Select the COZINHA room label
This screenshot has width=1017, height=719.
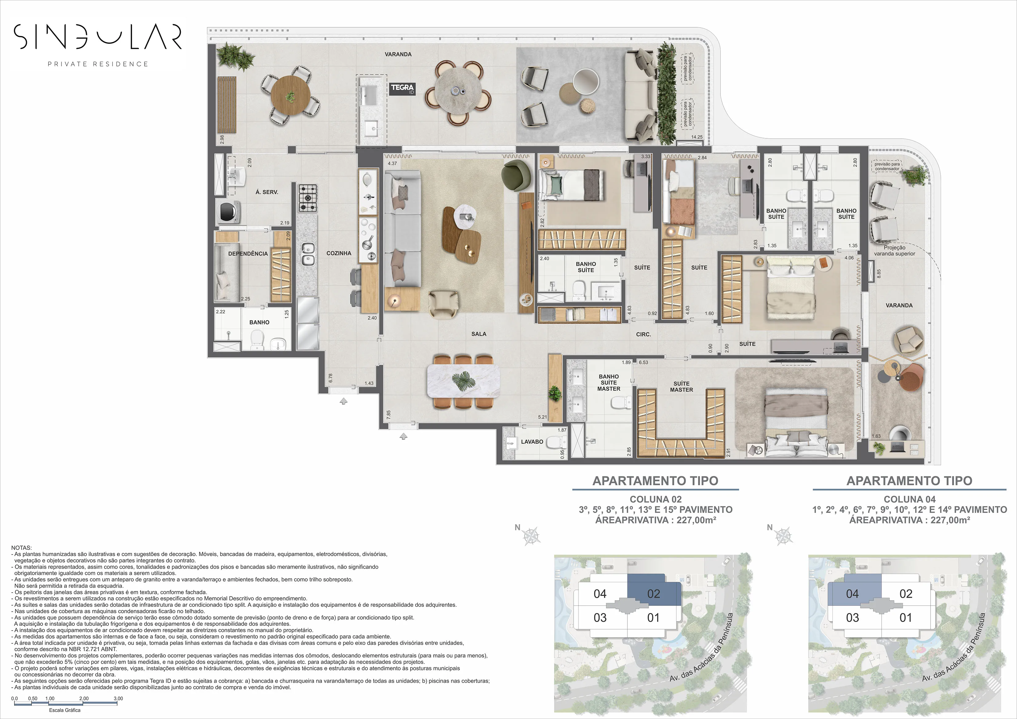339,253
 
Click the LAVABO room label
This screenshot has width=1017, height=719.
532,442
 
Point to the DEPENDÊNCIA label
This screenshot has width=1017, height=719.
248,254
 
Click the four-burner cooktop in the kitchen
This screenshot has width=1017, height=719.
308,198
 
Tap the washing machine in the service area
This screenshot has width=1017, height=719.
228,211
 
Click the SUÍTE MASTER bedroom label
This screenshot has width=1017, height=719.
681,387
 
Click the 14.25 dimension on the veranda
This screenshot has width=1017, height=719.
697,137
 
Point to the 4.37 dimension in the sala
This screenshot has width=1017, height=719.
392,164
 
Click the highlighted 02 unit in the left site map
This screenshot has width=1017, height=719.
654,594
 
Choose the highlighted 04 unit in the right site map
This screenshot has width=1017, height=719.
852,594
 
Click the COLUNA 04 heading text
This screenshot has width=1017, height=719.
909,499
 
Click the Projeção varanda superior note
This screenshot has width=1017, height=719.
894,251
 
